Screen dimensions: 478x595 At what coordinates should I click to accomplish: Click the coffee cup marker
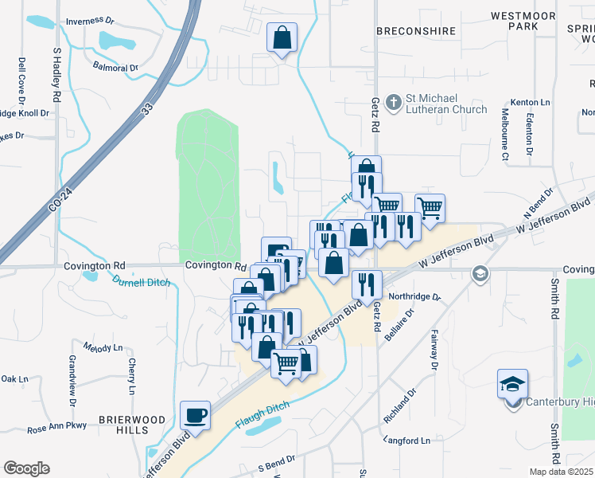pos(196,415)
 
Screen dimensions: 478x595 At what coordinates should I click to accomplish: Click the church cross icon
pos(393,102)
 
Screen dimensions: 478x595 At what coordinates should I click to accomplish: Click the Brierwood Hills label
pos(123,424)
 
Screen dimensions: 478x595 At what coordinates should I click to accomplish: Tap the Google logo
pos(26,468)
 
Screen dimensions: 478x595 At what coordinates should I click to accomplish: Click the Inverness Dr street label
pos(95,22)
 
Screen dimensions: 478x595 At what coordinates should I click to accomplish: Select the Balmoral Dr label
pos(115,68)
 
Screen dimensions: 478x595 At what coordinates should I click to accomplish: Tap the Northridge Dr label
pos(414,296)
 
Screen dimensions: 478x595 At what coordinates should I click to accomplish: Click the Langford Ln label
pos(406,440)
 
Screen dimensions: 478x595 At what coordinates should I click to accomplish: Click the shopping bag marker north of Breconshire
pos(282,37)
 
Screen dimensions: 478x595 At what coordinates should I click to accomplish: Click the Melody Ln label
pos(103,348)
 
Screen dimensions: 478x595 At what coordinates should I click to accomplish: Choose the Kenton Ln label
pos(534,103)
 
